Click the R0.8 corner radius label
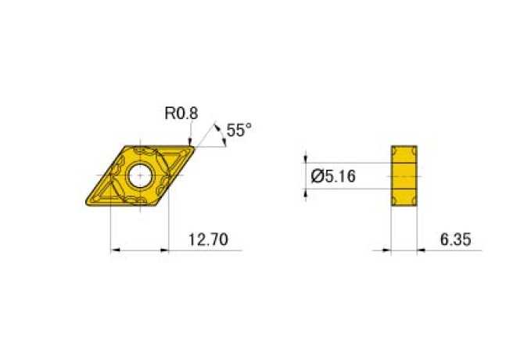pos(181,113)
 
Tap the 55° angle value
pos(239,130)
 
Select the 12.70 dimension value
pos(208,239)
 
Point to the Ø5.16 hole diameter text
pos(333,176)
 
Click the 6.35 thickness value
pos(455,239)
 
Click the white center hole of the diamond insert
pos(140,175)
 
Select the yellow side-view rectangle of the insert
pos(404,176)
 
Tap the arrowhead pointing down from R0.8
pos(190,142)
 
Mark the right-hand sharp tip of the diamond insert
pos(194,147)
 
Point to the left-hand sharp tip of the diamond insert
pos(87,203)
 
